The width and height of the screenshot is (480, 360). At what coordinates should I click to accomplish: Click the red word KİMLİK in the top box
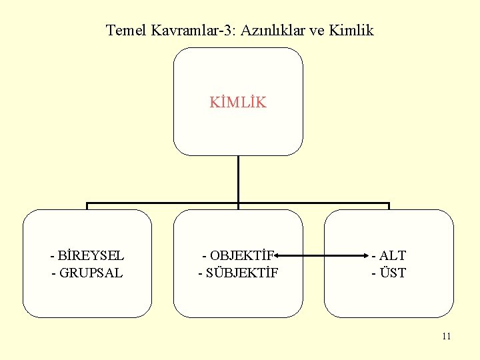coord(238,103)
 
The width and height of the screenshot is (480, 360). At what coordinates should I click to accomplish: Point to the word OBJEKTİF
coord(241,255)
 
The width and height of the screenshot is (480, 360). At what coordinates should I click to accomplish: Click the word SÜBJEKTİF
coord(242,273)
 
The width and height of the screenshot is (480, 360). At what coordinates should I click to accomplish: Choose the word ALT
coord(393,255)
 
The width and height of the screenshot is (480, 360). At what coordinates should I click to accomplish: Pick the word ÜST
coord(393,273)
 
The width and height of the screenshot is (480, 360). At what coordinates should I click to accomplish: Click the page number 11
coord(446,336)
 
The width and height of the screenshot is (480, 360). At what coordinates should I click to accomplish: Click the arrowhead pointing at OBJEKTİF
coord(276,255)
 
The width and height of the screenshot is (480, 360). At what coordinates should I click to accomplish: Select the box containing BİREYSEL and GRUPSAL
coord(87,293)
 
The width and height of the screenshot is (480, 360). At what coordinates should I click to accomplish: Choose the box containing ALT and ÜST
coord(389,293)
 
